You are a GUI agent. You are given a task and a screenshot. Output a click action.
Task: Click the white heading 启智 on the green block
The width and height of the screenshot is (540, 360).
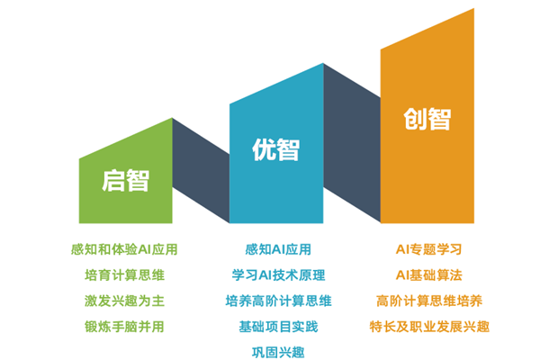(x=125, y=181)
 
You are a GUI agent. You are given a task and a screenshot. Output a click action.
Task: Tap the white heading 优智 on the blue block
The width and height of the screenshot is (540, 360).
(x=276, y=149)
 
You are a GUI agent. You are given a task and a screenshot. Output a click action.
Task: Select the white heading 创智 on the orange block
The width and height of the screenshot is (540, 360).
(x=427, y=119)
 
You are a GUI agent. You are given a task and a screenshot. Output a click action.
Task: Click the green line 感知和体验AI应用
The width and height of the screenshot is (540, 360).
(x=124, y=249)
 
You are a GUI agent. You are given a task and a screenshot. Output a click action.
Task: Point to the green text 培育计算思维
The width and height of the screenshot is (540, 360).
(x=124, y=274)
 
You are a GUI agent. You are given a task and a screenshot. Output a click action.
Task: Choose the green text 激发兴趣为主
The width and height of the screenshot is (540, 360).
(x=124, y=301)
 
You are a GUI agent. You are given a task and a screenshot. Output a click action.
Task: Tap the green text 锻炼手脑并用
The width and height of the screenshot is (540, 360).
(x=124, y=327)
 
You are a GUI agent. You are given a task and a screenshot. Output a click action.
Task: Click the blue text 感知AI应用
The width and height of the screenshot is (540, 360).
(x=278, y=249)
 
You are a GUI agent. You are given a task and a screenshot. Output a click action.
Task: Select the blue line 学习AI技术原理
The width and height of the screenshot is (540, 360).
(x=278, y=274)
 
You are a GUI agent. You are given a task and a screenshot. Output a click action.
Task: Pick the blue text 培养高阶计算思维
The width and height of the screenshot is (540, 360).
(x=278, y=301)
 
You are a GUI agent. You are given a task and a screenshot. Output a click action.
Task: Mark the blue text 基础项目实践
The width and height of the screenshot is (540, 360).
(x=278, y=327)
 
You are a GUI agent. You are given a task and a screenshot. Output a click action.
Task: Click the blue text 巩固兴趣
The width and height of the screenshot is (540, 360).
(x=278, y=353)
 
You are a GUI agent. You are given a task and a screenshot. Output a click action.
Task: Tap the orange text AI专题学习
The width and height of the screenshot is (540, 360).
(x=428, y=249)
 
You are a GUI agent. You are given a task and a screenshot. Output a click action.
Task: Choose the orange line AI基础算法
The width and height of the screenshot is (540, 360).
(x=428, y=274)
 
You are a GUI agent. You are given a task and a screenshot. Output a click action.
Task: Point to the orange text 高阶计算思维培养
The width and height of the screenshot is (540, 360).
(x=429, y=301)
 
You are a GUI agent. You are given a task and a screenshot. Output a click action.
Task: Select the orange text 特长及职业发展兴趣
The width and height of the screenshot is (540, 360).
(x=429, y=327)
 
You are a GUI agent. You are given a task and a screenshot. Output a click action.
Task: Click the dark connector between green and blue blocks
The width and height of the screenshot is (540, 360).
(x=201, y=170)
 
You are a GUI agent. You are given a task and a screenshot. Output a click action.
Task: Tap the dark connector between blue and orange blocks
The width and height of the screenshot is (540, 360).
(x=352, y=142)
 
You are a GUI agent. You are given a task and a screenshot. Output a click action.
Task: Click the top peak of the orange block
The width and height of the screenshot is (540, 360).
(x=474, y=9)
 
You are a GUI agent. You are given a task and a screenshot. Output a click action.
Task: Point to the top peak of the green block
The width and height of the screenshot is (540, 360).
(x=172, y=118)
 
